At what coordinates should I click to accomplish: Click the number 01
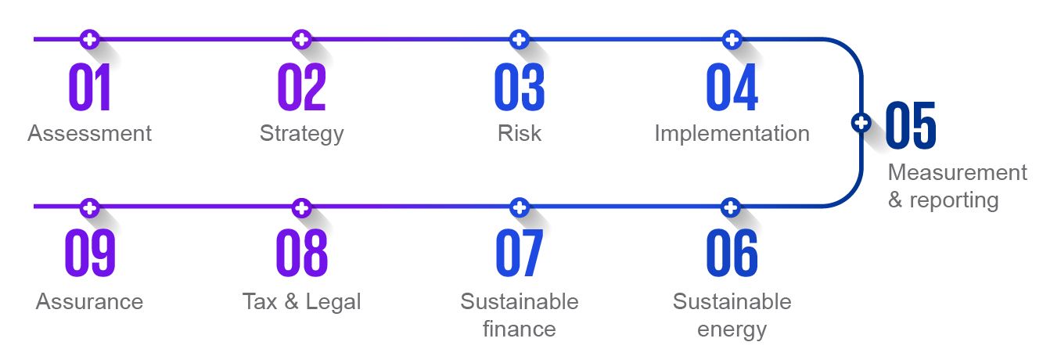89,87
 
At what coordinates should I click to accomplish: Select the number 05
911,125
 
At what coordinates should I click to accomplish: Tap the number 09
90,253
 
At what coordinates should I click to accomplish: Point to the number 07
520,253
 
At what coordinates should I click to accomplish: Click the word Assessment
89,133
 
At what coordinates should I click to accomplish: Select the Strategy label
302,134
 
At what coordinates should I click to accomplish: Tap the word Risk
520,133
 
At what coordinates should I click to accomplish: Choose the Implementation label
732,134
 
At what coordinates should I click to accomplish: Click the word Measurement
958,172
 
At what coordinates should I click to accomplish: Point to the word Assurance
89,301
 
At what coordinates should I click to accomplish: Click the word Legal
333,302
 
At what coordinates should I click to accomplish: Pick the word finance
520,329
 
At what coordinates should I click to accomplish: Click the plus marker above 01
89,40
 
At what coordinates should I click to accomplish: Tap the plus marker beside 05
861,123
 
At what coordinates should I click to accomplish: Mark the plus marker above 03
520,40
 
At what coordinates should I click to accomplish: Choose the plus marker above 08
302,207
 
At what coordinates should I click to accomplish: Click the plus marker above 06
731,207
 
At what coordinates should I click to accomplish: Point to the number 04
732,87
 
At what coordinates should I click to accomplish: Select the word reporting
954,201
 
